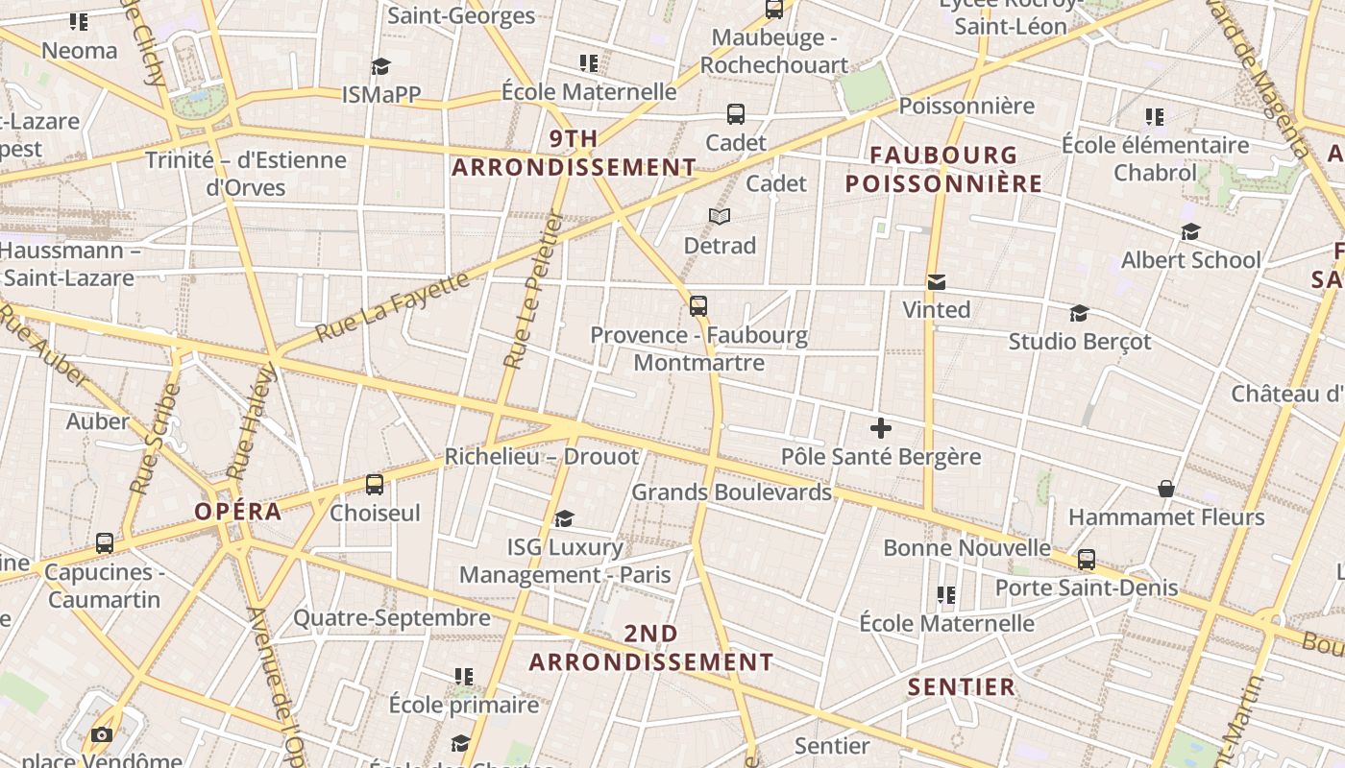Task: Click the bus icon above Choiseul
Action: [x=375, y=485]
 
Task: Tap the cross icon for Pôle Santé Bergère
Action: [x=880, y=428]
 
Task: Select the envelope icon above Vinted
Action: [x=936, y=281]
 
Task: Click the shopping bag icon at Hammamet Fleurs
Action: [x=1165, y=489]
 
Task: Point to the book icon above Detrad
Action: [x=720, y=217]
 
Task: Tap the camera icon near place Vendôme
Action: [x=101, y=735]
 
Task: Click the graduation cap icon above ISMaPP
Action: [x=380, y=66]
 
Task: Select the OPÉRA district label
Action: [x=238, y=512]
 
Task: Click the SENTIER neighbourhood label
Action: [x=961, y=686]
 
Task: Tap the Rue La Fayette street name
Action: [x=393, y=307]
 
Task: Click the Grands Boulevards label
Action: [x=731, y=492]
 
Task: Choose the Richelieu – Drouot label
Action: [x=541, y=457]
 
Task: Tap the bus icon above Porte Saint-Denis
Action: [x=1086, y=559]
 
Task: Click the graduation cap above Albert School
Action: [x=1190, y=231]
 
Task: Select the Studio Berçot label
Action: [x=1079, y=342]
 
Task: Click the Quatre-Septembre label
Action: [x=391, y=618]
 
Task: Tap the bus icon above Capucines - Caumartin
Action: [x=105, y=543]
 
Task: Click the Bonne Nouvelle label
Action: [x=966, y=548]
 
